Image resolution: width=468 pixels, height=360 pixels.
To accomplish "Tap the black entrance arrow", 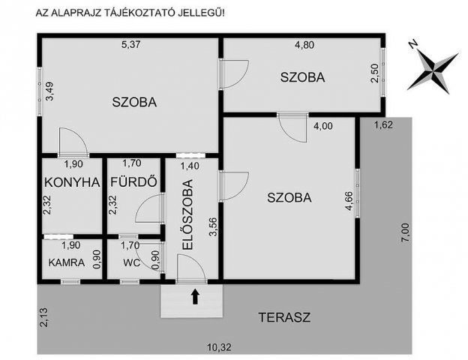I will click(195, 297).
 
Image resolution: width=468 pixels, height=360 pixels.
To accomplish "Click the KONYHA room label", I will click(72, 181).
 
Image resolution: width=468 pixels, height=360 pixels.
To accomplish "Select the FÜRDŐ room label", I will click(133, 181).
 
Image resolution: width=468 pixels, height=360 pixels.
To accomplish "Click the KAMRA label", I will click(65, 262).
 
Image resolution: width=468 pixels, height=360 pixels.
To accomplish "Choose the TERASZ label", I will click(283, 317).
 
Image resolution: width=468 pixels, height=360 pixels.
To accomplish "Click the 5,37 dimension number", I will click(132, 44).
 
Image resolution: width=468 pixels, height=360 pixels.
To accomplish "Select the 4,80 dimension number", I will click(304, 44).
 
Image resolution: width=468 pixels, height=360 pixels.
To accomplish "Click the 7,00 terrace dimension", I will click(405, 235).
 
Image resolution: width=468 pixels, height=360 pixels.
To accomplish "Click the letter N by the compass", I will click(413, 45).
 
